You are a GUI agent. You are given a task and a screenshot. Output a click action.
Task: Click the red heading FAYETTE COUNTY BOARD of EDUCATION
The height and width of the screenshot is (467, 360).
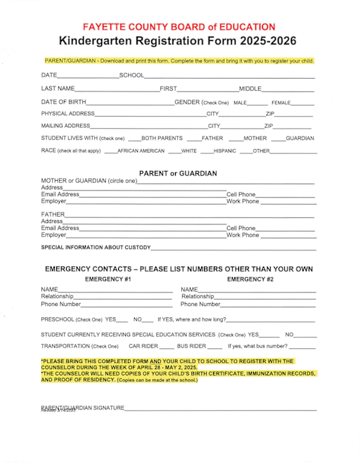[179, 27]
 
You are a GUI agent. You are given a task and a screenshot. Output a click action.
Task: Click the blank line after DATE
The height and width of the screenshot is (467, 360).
[88, 75]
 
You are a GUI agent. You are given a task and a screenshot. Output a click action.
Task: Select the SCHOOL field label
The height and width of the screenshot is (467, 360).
[131, 75]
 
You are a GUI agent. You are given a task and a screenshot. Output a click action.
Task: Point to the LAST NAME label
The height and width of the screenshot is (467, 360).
[58, 89]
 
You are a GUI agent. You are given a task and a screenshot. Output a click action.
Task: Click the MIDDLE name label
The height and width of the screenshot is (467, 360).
[250, 89]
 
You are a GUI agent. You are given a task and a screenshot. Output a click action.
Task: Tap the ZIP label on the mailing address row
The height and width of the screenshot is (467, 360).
[268, 126]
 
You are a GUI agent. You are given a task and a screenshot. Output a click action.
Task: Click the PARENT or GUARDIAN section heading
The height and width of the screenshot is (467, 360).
[178, 173]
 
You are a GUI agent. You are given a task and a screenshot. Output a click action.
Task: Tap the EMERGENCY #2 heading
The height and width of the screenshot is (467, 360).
[250, 279]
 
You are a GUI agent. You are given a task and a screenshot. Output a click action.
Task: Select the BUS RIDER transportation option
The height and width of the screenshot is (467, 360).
[191, 346]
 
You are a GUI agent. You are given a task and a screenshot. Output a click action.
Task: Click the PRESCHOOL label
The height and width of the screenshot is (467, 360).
[60, 319]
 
